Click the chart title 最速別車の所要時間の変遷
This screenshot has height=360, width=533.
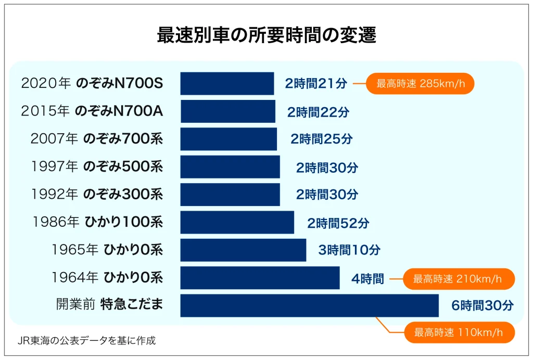pos(266,35)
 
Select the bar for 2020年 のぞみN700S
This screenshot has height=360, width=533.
pos(227,83)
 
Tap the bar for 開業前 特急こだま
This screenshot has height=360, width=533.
pos(309,305)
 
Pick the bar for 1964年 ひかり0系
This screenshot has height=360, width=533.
pos(260,278)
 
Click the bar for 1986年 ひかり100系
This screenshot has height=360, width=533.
pos(237,222)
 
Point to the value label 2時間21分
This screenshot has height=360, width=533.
pos(316,83)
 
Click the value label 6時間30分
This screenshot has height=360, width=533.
pos(483,305)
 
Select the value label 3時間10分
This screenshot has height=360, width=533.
pos(349,250)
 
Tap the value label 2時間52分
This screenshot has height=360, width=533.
pos(338,223)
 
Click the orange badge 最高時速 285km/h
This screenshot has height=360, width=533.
pos(420,83)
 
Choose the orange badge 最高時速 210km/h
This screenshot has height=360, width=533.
pos(459,279)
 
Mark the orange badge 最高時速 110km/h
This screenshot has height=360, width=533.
pos(459,332)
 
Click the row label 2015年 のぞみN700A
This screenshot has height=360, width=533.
pos(92,111)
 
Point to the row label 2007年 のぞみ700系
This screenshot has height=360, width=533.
pos(96,139)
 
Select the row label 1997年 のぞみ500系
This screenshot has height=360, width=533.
pos(96,166)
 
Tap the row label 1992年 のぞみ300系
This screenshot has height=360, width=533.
pos(96,194)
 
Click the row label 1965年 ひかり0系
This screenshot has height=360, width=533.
pos(107,250)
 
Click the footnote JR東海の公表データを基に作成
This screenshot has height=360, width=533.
pos(86,341)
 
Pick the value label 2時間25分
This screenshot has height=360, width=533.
pos(321,139)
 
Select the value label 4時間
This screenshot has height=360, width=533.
pos(367,279)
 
